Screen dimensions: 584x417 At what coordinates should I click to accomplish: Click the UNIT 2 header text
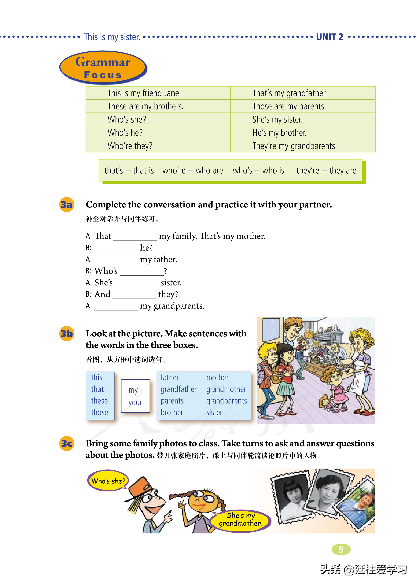point(330,37)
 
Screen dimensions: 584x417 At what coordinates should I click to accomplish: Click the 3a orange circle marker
point(67,205)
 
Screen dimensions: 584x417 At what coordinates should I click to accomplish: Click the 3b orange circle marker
point(67,334)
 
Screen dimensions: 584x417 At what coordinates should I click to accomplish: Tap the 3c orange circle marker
point(67,443)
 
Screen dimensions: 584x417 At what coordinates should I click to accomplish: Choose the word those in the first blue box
point(100,412)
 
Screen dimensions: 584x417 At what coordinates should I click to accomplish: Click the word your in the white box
point(135,403)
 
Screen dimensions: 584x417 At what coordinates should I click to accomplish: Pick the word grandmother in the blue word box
point(226,389)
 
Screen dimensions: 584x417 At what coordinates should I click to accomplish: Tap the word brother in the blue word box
point(172,412)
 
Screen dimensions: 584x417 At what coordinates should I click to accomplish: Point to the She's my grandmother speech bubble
point(241,520)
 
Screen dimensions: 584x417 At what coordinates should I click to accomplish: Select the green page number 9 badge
point(341,549)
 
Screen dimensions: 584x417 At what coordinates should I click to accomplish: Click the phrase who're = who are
point(193,171)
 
